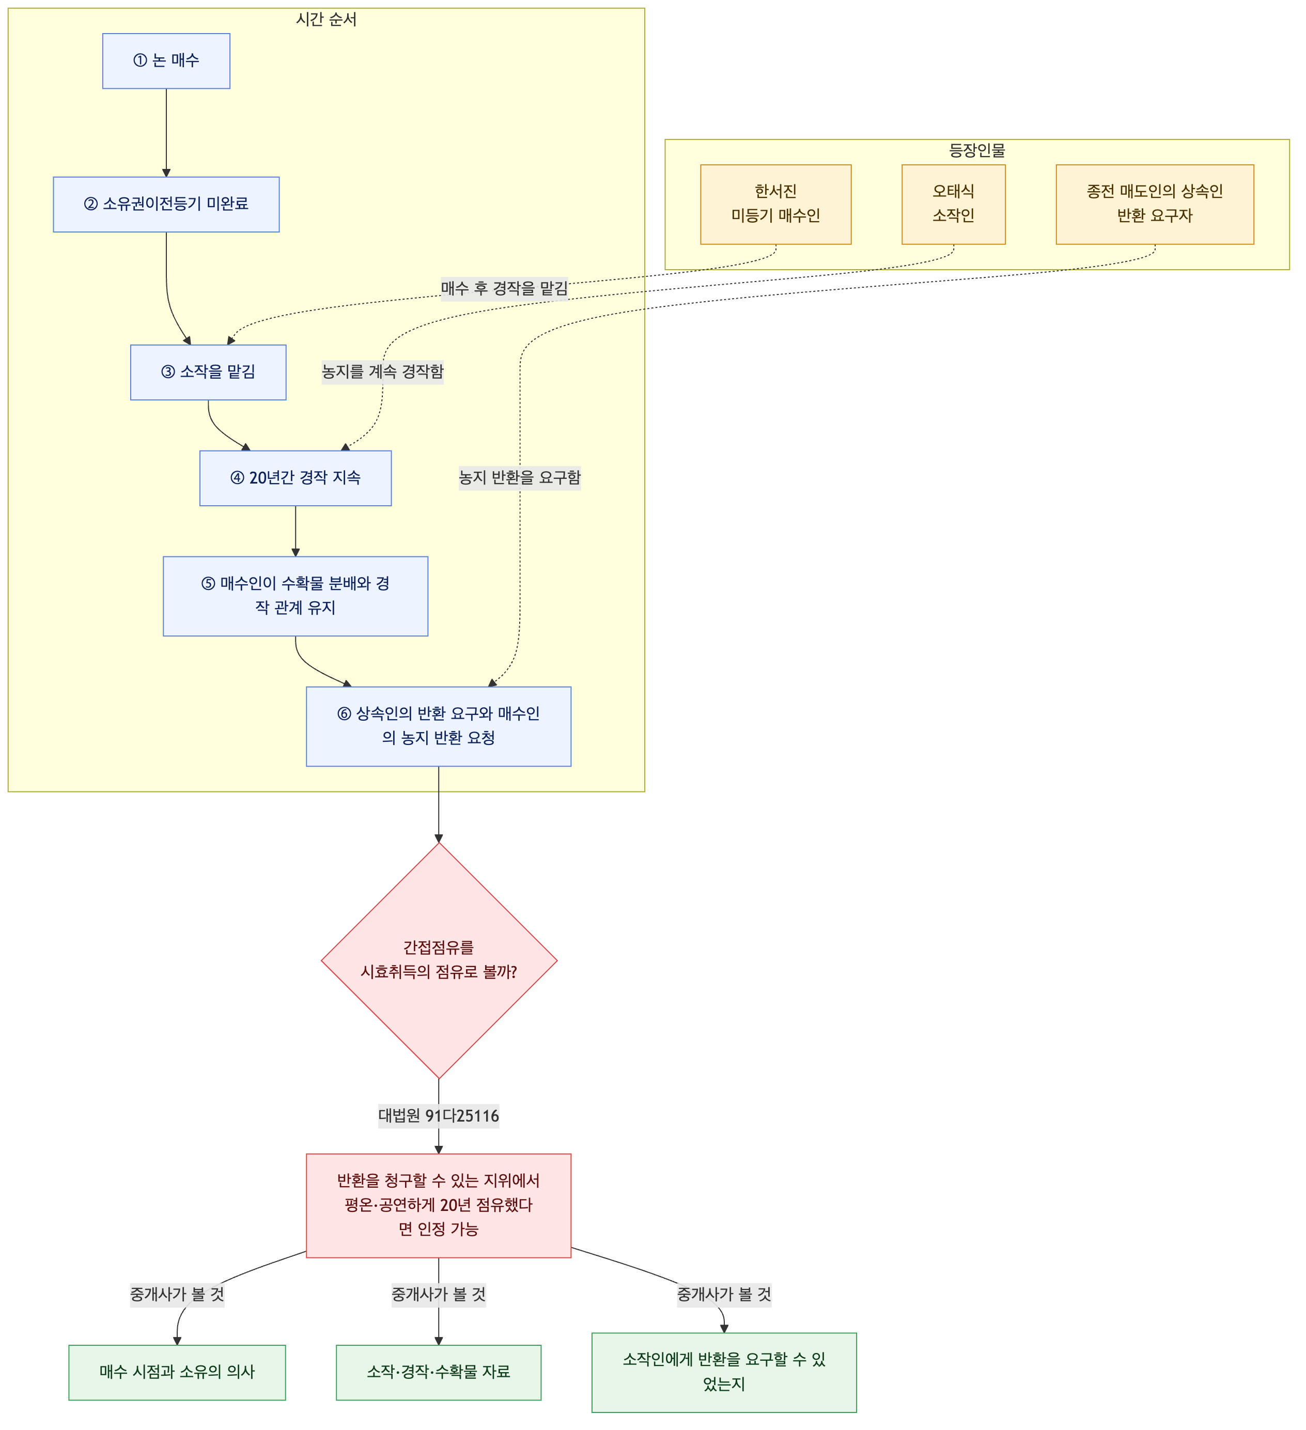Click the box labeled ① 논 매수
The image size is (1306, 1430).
[x=166, y=61]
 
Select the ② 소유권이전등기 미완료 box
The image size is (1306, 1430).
[x=166, y=204]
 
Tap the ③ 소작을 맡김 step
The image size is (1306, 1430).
[x=208, y=372]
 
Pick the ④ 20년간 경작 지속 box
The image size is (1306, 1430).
[x=295, y=478]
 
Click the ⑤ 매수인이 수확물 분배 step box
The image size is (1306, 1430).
[x=295, y=597]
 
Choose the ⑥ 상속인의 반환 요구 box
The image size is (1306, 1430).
[x=439, y=726]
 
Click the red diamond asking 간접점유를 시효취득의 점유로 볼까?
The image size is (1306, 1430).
[x=439, y=960]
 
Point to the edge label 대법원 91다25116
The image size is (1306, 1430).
[x=439, y=1116]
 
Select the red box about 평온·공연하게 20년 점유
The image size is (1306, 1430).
[x=439, y=1206]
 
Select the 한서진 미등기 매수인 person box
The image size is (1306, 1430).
[x=775, y=204]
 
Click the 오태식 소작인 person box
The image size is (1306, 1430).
[x=954, y=204]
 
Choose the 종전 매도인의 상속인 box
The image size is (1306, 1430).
[x=1155, y=204]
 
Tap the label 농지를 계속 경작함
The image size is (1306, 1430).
[x=382, y=371]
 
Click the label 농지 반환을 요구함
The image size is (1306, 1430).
[x=520, y=477]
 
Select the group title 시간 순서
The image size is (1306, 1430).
[x=326, y=20]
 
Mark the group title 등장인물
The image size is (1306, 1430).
[x=977, y=150]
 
